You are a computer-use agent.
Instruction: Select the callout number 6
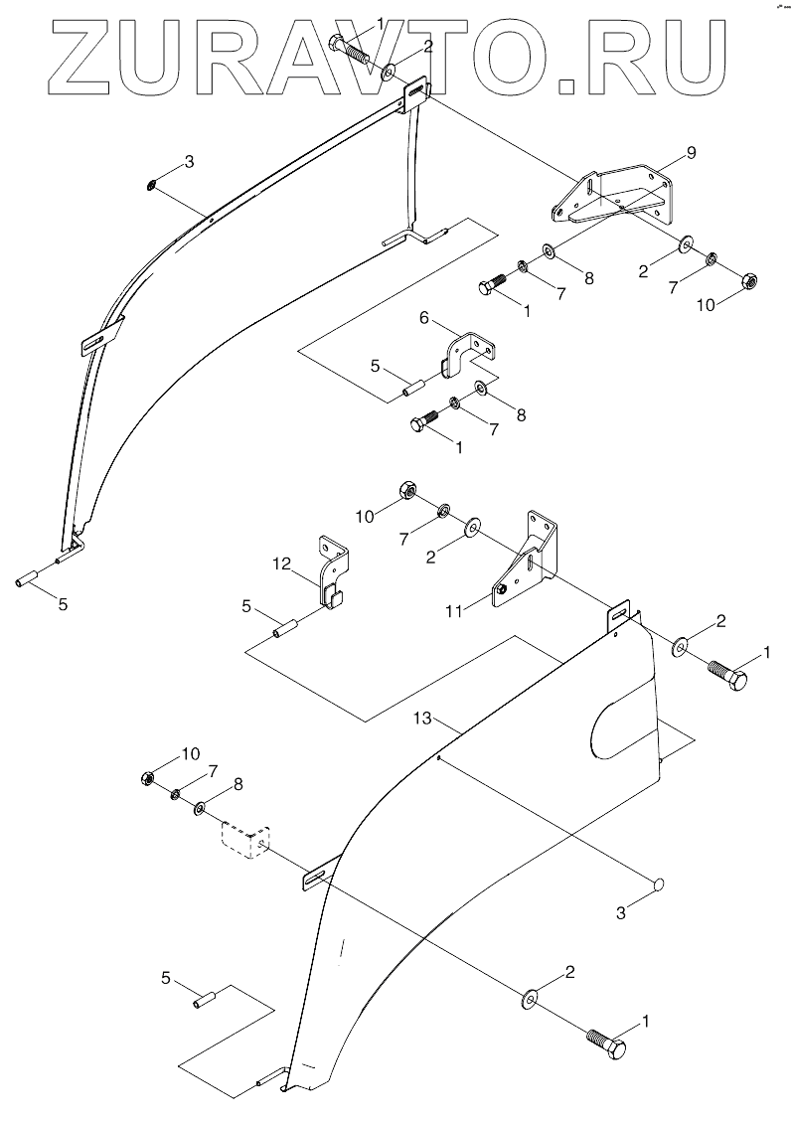tap(423, 320)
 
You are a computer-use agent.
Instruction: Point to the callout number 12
tap(280, 563)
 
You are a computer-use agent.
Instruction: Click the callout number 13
tap(423, 718)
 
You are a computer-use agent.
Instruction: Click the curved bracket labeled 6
tap(467, 353)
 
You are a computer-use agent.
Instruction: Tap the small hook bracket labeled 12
tap(332, 572)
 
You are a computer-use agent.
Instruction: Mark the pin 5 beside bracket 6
tap(412, 385)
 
